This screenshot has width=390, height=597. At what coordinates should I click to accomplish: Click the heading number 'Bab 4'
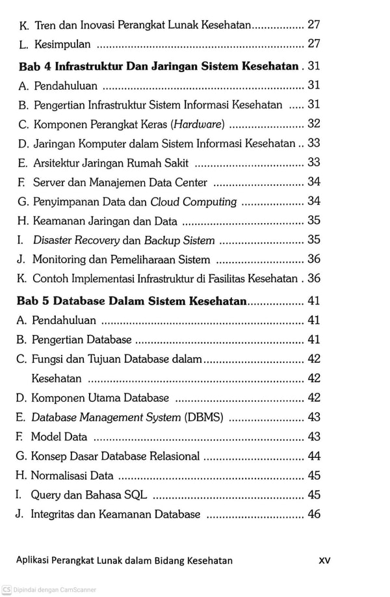tap(34, 66)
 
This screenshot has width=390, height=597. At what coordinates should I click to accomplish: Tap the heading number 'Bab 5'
tap(34, 301)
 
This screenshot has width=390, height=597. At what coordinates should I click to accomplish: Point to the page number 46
tap(314, 514)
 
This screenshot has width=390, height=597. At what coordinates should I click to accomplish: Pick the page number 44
tap(314, 456)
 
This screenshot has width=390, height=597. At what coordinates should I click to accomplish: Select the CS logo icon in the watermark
tap(6, 589)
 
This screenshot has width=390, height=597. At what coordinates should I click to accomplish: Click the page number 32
tap(314, 124)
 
